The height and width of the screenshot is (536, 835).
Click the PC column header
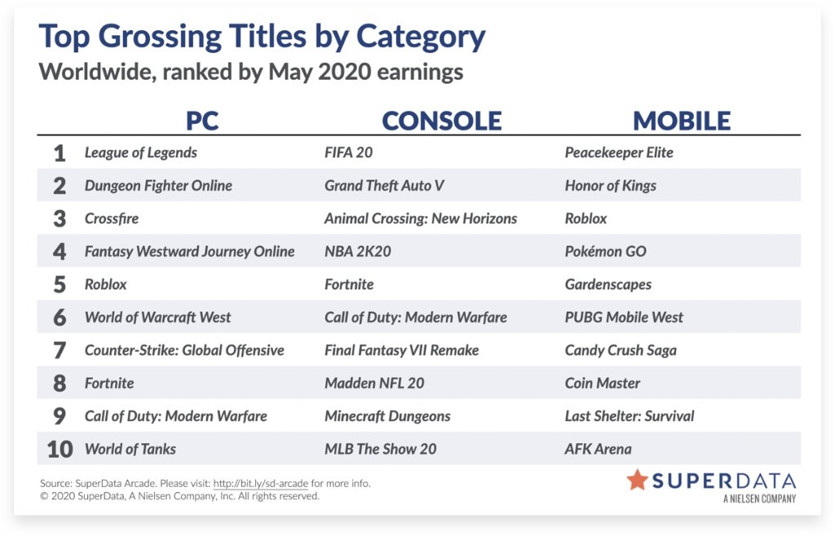pos(202,121)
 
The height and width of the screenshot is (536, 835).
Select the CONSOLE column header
pos(442,121)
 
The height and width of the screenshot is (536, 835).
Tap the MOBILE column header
pos(682,121)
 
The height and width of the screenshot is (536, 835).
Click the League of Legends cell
pos(140,153)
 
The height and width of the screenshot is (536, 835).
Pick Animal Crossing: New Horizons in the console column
pos(421,219)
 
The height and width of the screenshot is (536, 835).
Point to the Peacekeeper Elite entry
pos(619,153)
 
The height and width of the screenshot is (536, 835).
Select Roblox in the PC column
pos(105,285)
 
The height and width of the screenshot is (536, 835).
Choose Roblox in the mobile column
pos(585,219)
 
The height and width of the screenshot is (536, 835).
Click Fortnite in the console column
pos(349,285)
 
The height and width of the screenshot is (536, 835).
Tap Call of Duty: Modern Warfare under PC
pos(176,416)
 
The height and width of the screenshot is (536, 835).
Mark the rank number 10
pos(60,450)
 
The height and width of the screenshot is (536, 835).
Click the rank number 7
pos(60,351)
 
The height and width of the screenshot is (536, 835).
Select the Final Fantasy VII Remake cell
pos(401,350)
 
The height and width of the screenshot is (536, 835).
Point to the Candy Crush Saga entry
pos(621,351)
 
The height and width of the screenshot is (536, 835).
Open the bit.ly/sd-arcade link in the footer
pos(260,484)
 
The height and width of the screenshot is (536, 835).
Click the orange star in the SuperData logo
pos(637,480)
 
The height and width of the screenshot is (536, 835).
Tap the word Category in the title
pos(420,38)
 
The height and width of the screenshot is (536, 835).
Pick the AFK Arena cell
pos(598,450)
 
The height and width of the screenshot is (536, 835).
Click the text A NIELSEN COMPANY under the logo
pos(759,498)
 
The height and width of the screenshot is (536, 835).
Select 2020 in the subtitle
pos(345,72)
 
